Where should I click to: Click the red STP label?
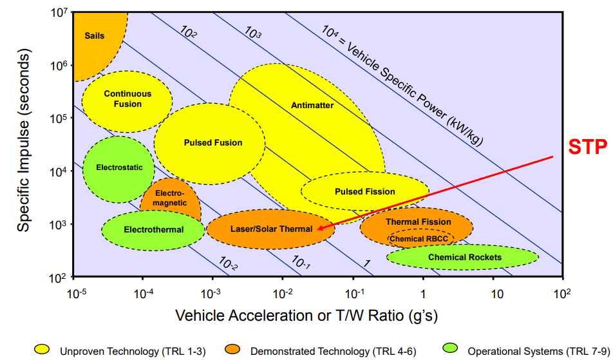click(587, 147)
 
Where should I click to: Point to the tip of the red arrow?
click(317, 228)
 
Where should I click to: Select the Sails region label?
click(94, 36)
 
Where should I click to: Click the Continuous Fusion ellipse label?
click(127, 99)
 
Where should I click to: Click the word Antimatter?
click(312, 105)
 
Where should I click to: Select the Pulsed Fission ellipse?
click(365, 191)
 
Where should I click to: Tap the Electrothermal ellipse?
click(154, 230)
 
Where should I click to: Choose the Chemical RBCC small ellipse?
click(420, 239)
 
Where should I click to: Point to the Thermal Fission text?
click(419, 222)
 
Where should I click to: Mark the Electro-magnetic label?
click(170, 198)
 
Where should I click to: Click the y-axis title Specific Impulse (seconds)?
click(24, 143)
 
